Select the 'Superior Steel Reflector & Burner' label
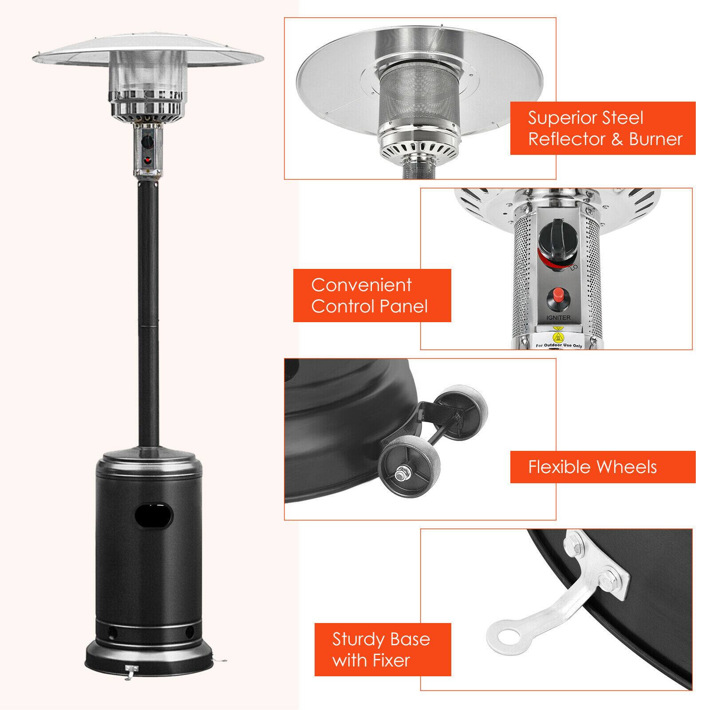603,128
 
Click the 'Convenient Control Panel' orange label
372,295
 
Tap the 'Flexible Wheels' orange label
603,467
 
